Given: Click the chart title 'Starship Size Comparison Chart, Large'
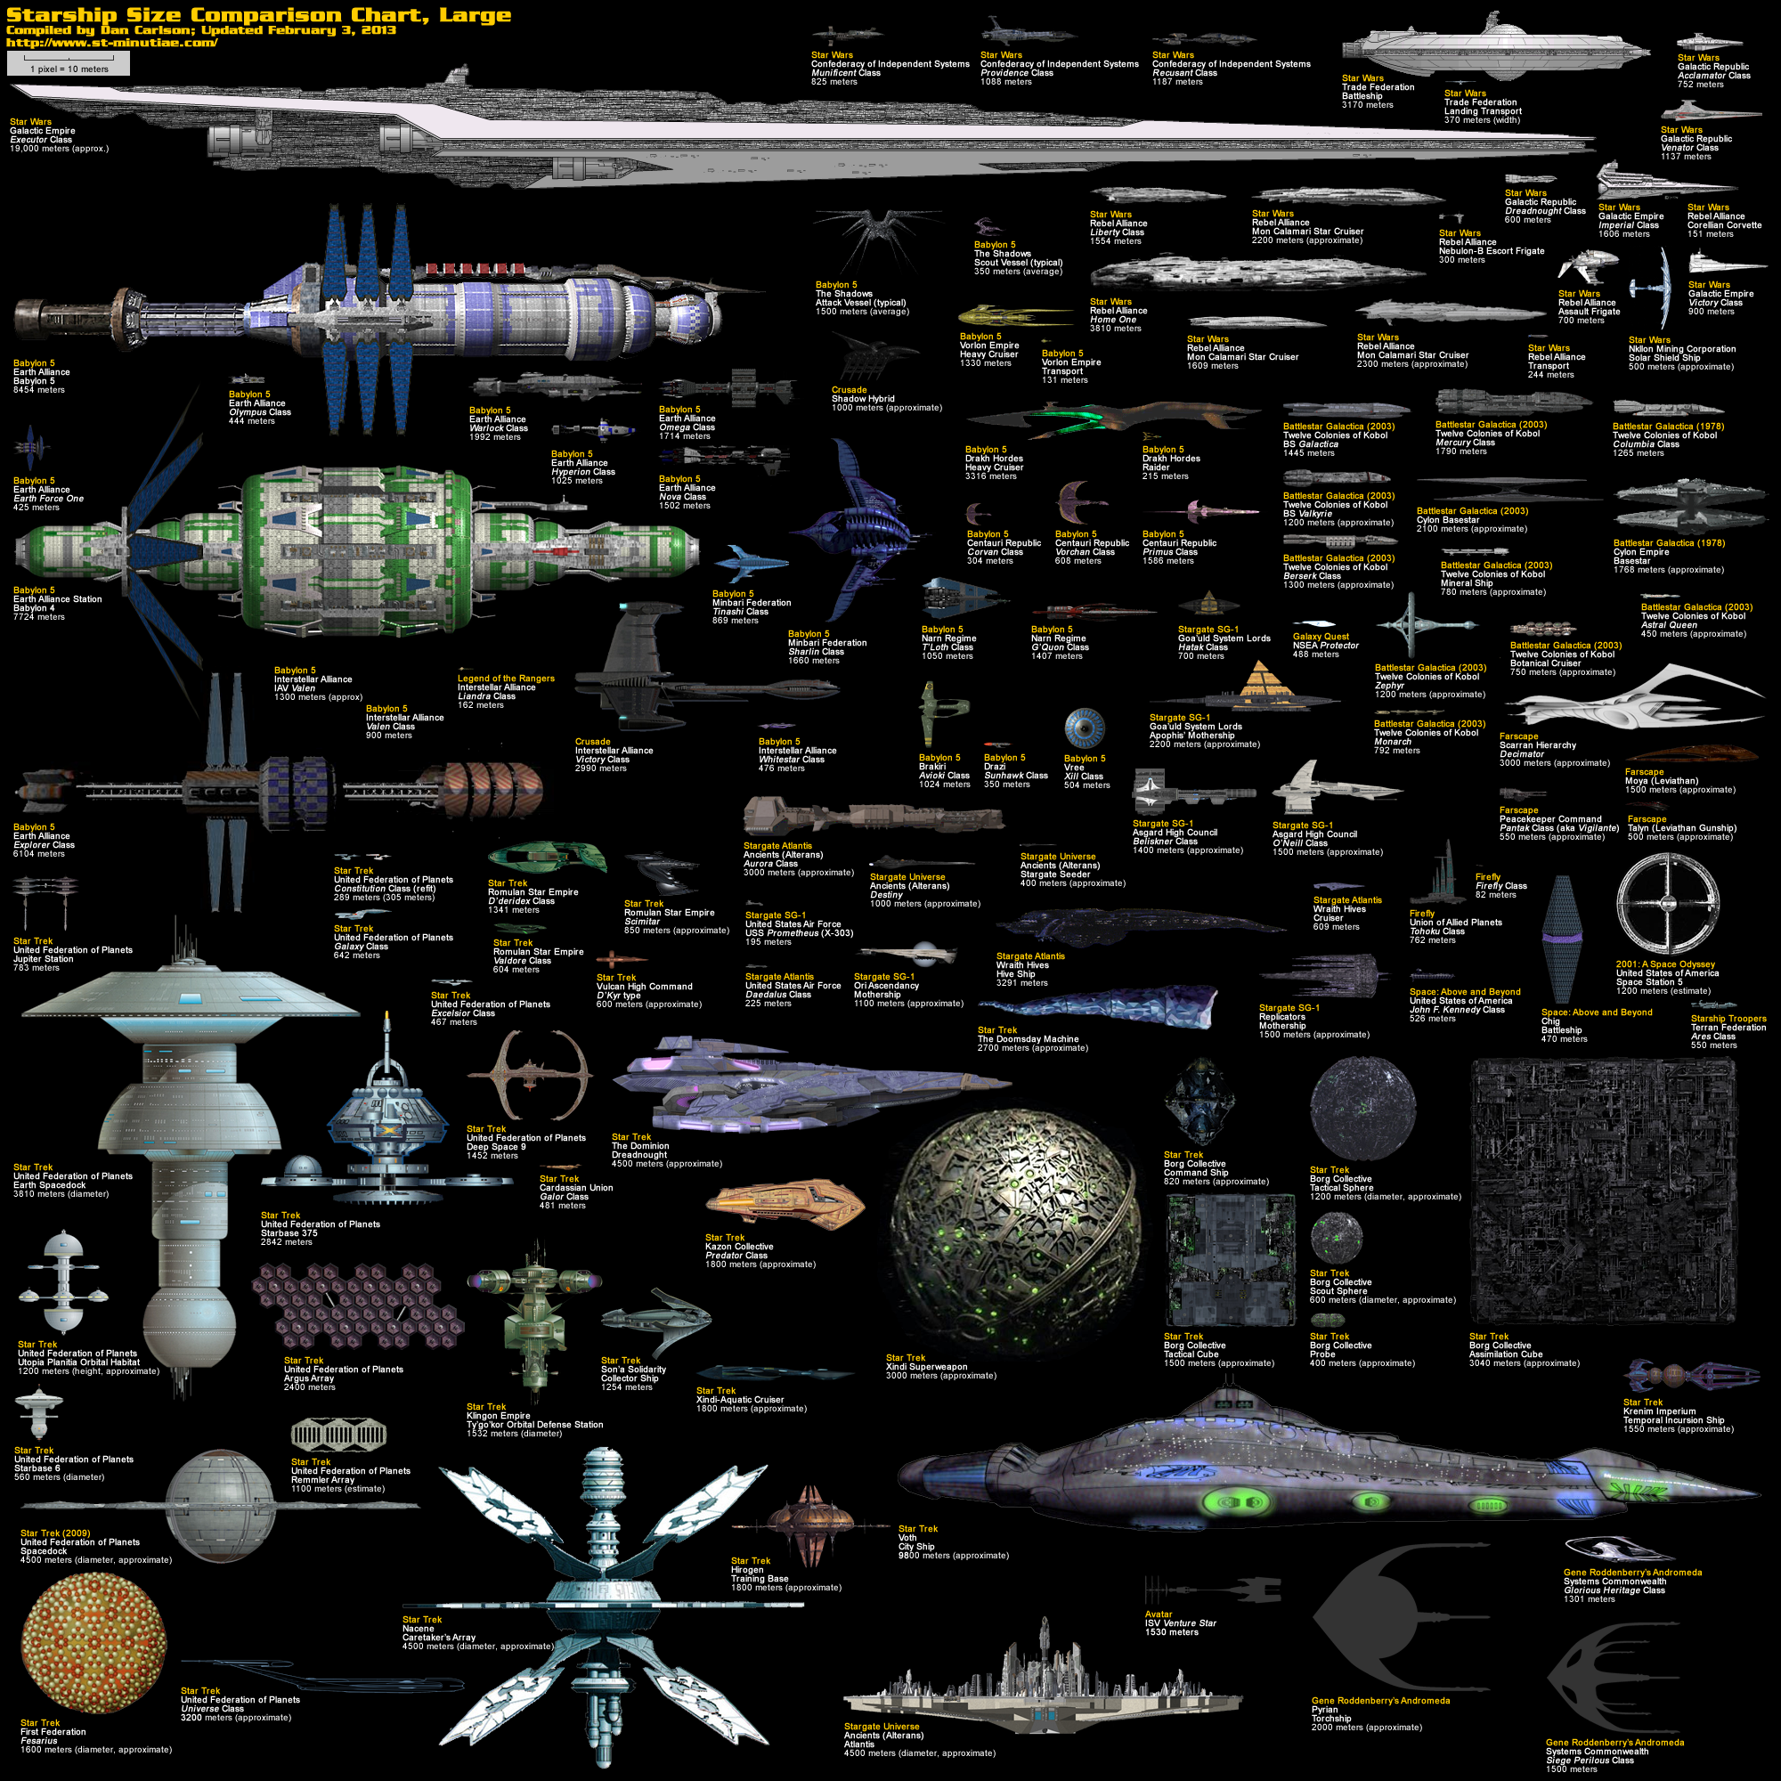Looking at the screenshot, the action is pyautogui.click(x=258, y=15).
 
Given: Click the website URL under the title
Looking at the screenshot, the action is pyautogui.click(x=111, y=43).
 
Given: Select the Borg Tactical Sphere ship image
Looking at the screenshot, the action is pyautogui.click(x=1362, y=1109).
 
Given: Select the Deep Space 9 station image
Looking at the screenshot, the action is pyautogui.click(x=529, y=1074).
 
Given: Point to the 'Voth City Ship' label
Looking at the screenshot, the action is pyautogui.click(x=918, y=1542).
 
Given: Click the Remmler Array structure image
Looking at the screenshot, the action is pyautogui.click(x=338, y=1435).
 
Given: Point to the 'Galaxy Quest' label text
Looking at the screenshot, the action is pyautogui.click(x=1321, y=637).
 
